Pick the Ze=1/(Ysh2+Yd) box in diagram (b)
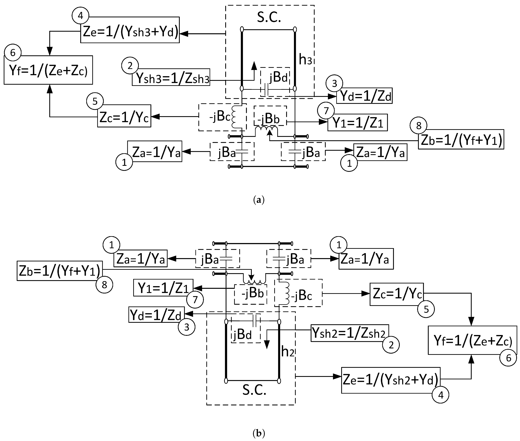(391, 380)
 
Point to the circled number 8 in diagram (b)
(104, 285)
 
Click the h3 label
(305, 60)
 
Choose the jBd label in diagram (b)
(242, 335)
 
